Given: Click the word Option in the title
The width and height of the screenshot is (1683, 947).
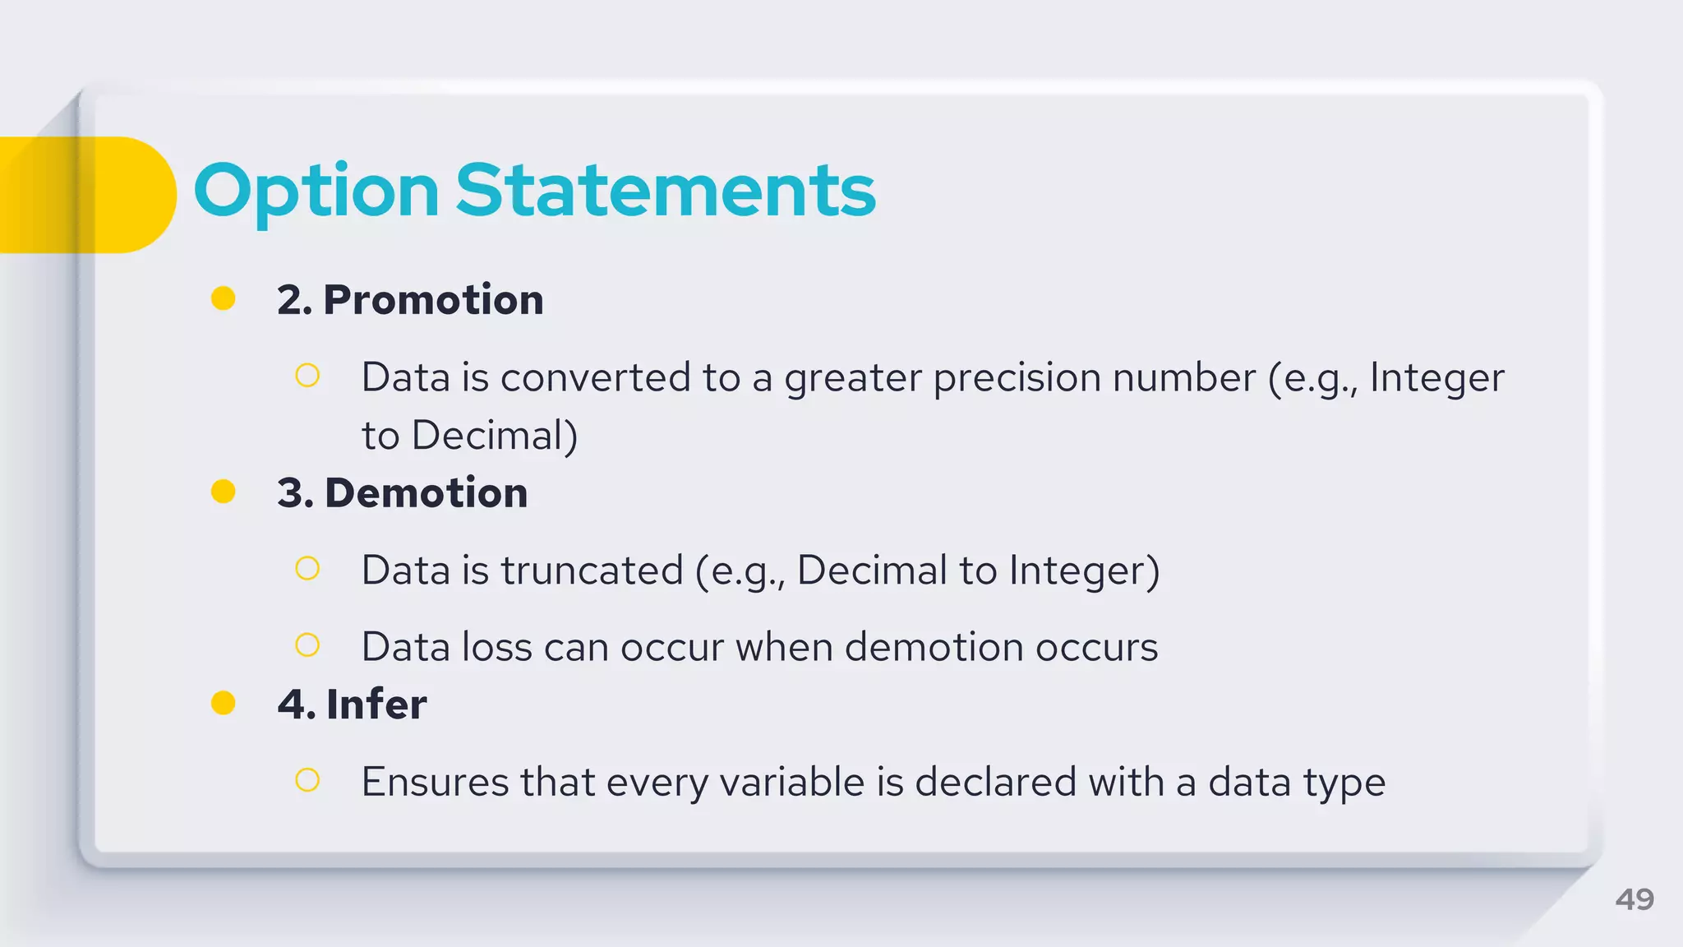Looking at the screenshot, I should point(316,192).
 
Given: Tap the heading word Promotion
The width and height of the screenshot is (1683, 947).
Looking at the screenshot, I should point(433,299).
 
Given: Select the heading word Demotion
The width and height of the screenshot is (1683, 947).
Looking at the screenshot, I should point(426,492).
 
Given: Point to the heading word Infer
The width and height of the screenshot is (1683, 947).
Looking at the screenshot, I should point(376,704).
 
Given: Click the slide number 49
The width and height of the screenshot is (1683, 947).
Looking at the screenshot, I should point(1634,899).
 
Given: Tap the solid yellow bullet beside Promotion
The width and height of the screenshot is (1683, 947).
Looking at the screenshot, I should point(224,298).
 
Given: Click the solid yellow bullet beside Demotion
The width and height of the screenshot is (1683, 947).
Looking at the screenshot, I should point(224,492).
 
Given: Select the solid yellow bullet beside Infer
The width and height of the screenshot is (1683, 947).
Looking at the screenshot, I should point(224,703).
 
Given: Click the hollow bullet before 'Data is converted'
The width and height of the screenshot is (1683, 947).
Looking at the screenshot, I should point(307,376).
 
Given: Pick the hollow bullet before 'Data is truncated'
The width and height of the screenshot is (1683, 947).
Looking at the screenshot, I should point(307,568).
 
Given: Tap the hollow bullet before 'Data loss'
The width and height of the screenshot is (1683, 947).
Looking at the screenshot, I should point(307,645).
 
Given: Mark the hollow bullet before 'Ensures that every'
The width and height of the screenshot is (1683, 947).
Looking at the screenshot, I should point(307,779).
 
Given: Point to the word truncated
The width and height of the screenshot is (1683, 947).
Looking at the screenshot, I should point(592,571).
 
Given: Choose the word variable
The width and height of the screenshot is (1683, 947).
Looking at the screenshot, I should point(791,782).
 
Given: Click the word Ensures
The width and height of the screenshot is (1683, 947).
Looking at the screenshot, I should point(434,782).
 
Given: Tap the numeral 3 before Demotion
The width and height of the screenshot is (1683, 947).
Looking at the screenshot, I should point(292,493).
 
